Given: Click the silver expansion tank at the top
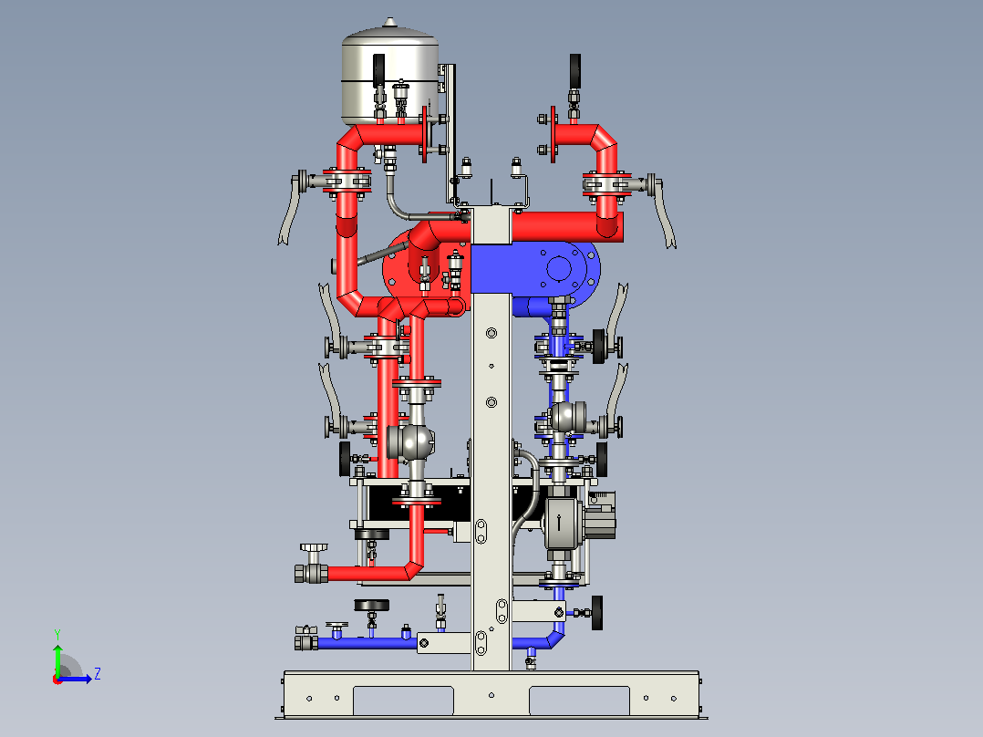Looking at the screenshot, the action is pyautogui.click(x=388, y=76).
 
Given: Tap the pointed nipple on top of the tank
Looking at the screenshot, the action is pyautogui.click(x=390, y=23).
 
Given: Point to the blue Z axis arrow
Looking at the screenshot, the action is pyautogui.click(x=75, y=679).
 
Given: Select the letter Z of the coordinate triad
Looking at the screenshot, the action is pyautogui.click(x=98, y=674).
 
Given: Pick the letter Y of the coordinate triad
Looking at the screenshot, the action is pyautogui.click(x=57, y=635).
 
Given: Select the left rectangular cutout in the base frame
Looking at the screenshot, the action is pyautogui.click(x=403, y=700).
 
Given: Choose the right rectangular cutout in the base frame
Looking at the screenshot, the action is pyautogui.click(x=579, y=700).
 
